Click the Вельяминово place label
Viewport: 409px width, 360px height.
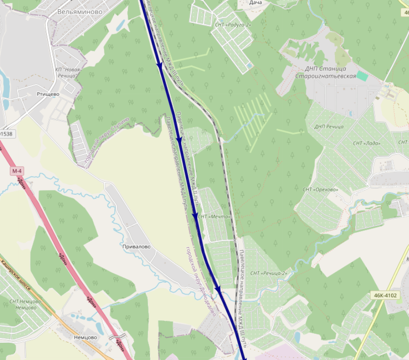pos(80,12)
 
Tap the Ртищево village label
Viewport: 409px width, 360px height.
pos(48,94)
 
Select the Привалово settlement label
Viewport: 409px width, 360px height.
pos(136,246)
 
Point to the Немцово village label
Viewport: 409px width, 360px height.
pos(85,337)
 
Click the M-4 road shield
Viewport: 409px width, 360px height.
pos(17,171)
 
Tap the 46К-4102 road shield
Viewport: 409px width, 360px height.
pos(386,295)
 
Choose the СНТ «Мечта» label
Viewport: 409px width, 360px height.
pos(215,217)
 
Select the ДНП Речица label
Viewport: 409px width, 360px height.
pos(329,126)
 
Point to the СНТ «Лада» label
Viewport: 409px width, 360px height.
pos(366,143)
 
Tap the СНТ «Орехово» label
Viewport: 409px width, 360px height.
pos(320,190)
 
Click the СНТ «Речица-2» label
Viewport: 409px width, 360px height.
pos(268,273)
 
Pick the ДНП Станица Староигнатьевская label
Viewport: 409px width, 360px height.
pos(326,72)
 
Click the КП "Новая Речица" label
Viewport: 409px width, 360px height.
pos(68,72)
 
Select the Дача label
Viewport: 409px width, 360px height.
pos(255,3)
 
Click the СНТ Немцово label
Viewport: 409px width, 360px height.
pos(25,304)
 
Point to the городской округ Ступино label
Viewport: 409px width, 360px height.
pos(107,140)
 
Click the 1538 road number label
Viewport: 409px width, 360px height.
pos(7,134)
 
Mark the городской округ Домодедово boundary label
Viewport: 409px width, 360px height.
pos(201,281)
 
